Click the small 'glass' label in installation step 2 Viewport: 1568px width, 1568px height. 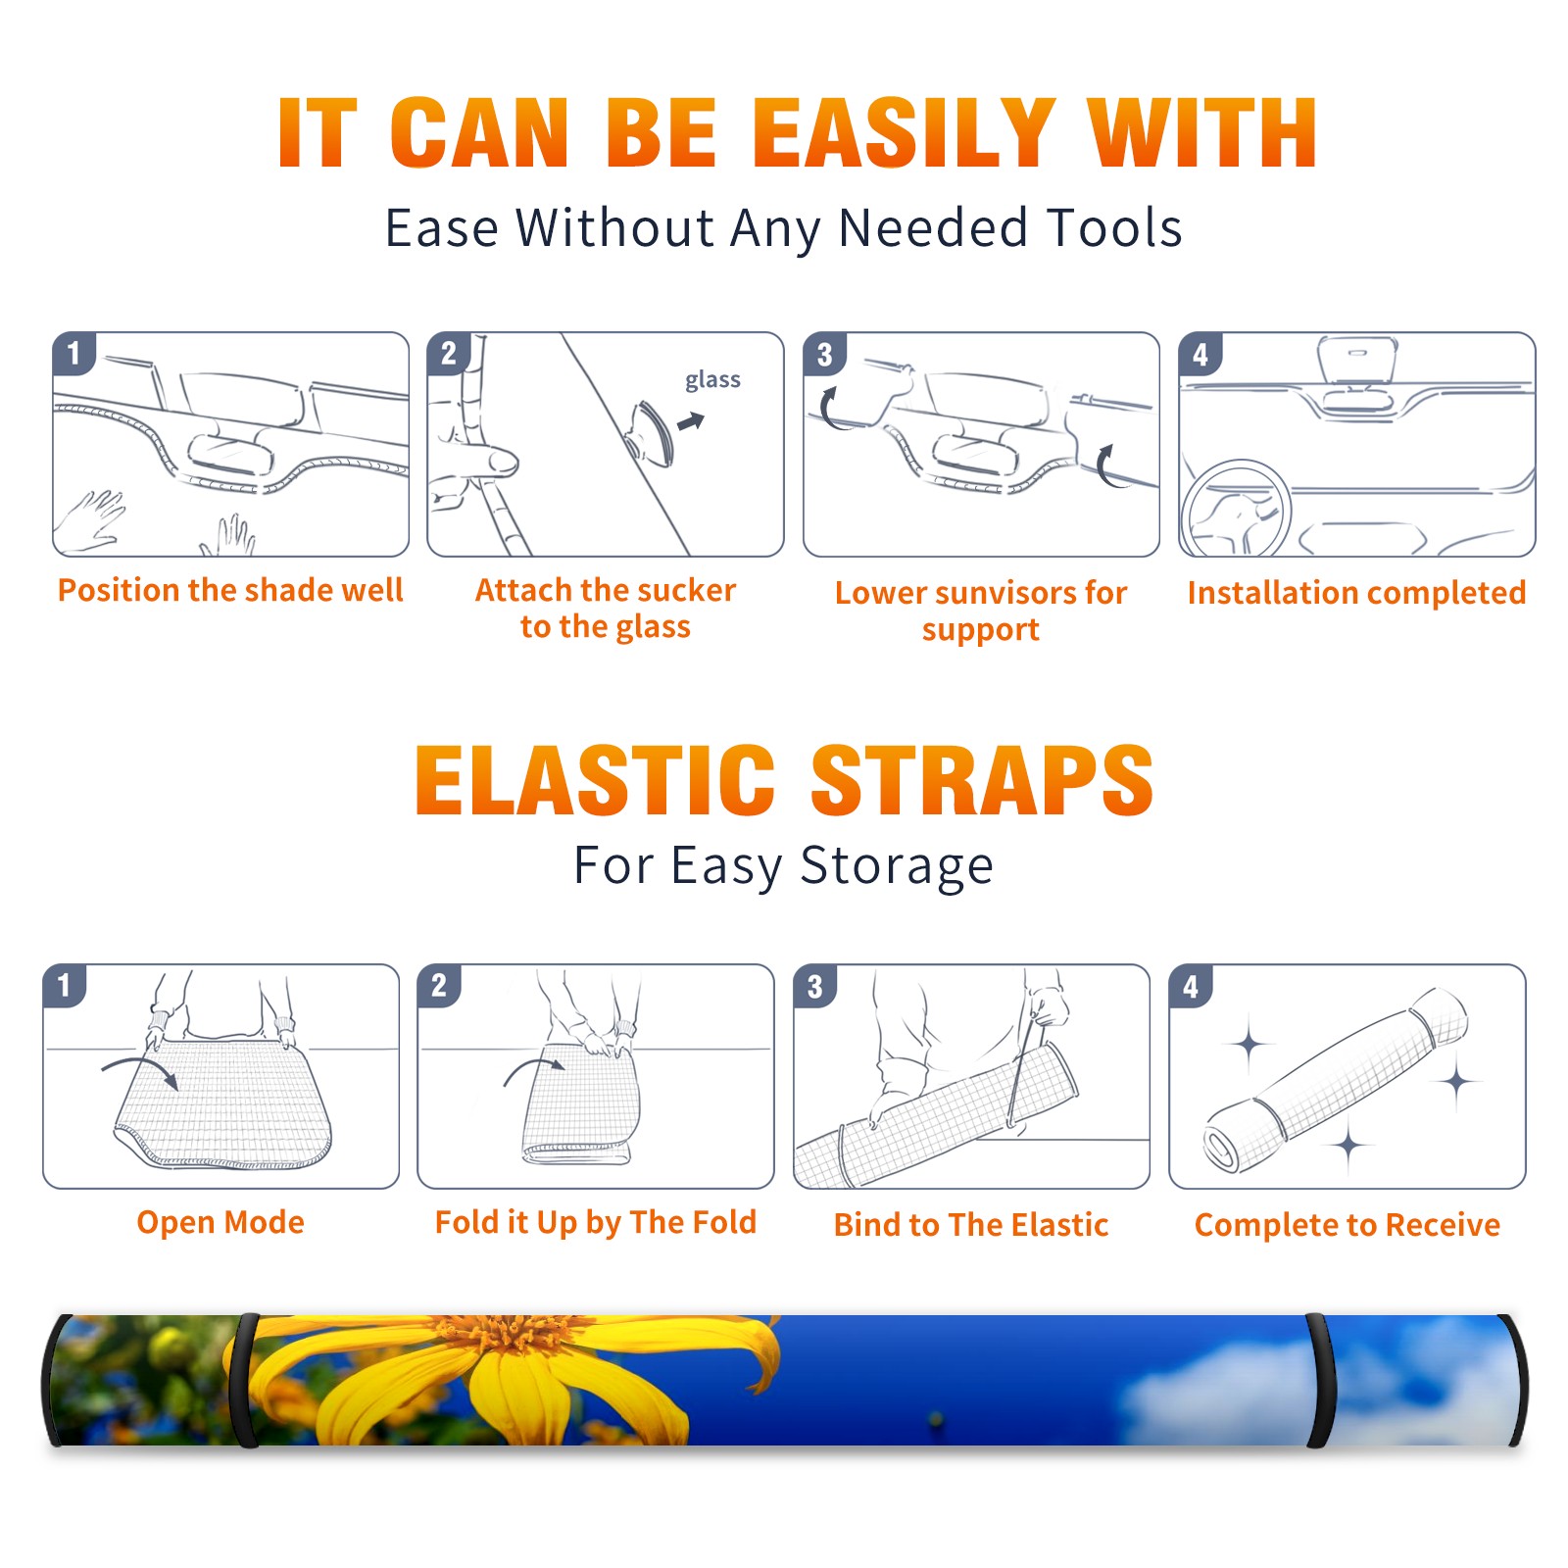pos(712,379)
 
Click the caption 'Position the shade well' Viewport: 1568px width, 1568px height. pos(230,590)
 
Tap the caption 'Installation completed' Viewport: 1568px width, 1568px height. pos(1356,592)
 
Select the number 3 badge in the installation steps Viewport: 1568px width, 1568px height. pos(824,354)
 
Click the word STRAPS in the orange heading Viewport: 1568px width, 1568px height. pos(982,780)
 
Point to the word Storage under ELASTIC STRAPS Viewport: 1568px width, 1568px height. pos(897,866)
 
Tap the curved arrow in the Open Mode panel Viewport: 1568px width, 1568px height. pos(140,1070)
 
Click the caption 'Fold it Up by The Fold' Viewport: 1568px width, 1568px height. pos(596,1222)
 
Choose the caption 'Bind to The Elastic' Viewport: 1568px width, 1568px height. pos(971,1224)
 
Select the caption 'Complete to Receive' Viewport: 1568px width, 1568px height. pos(1347,1225)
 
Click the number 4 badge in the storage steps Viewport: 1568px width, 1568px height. pos(1190,986)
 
